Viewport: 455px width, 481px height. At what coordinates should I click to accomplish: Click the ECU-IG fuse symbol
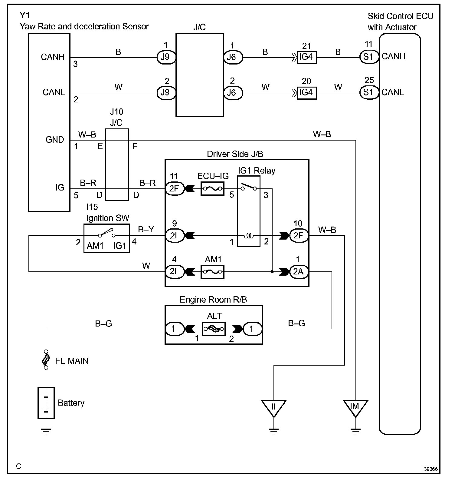pos(212,188)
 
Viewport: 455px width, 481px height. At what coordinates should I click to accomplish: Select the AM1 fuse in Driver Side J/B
pos(212,272)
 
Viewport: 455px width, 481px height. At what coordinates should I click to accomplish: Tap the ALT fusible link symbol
pos(214,329)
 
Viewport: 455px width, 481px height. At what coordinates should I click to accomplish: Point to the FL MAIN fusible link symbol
pos(46,360)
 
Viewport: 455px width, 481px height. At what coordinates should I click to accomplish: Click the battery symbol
pos(46,403)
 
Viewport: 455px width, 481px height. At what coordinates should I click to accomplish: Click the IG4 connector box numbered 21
pos(306,57)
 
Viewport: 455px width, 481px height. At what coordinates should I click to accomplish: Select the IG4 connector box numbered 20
pos(306,92)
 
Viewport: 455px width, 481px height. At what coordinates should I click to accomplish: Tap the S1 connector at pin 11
pos(369,57)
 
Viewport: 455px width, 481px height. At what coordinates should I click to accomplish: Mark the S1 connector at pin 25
pos(369,92)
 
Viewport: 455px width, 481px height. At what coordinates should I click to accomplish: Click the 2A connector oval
pos(299,272)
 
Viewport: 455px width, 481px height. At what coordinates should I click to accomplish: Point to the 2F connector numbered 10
pos(299,235)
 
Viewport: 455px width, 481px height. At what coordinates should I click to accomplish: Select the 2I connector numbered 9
pos(175,235)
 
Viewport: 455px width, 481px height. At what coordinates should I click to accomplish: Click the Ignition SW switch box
pos(106,238)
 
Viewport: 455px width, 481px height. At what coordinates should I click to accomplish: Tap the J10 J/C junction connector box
pos(117,164)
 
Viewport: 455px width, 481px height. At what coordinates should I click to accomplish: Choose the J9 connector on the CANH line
pos(166,57)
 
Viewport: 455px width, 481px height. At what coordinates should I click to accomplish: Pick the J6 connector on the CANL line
pos(233,93)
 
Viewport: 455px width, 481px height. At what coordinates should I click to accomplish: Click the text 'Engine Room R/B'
pos(213,300)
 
